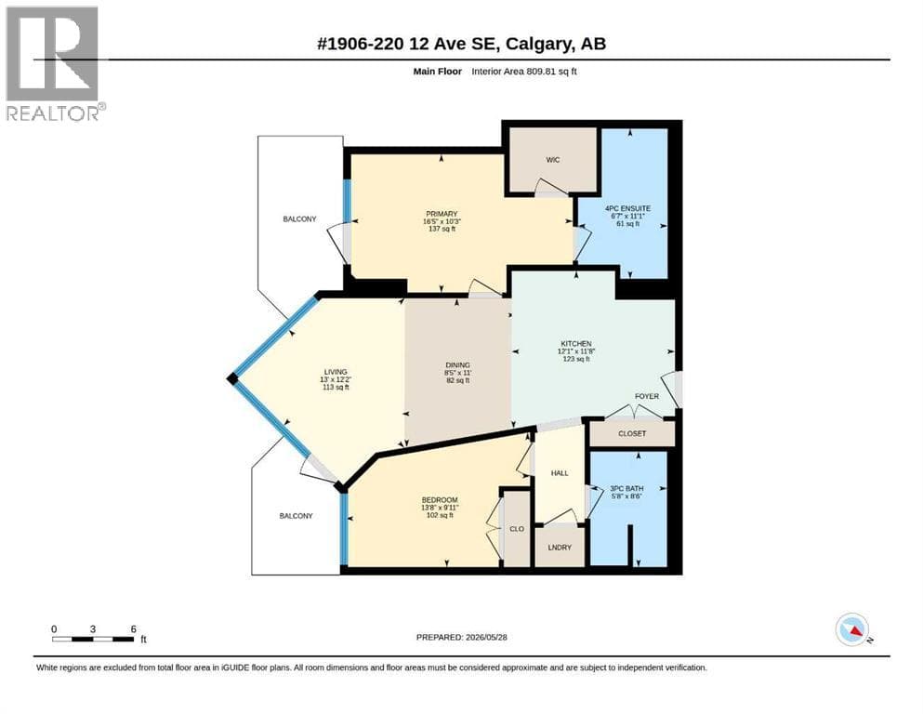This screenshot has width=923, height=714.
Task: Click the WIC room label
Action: click(x=553, y=160)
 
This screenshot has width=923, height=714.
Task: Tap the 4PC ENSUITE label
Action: click(x=627, y=208)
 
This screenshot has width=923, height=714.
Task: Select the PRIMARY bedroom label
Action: click(x=442, y=214)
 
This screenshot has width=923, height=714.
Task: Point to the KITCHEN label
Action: click(x=575, y=344)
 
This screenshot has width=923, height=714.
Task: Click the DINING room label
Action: click(x=457, y=365)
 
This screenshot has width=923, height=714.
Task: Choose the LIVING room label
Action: click(x=336, y=372)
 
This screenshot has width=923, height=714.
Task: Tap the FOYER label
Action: click(x=646, y=396)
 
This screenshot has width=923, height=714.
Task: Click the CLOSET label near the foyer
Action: click(x=632, y=433)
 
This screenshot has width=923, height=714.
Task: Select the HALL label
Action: click(x=560, y=472)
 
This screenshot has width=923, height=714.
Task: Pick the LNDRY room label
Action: click(x=560, y=547)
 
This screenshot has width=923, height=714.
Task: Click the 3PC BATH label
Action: click(x=626, y=489)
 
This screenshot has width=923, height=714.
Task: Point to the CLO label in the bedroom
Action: click(x=516, y=529)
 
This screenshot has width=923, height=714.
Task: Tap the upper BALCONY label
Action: click(x=299, y=219)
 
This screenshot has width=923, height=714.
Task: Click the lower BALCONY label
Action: click(x=297, y=516)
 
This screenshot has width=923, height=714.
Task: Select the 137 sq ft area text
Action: click(x=442, y=229)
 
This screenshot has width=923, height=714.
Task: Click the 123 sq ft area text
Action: click(x=575, y=359)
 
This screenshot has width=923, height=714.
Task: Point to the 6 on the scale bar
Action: click(x=134, y=629)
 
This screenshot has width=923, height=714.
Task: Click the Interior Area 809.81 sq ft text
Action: click(x=524, y=72)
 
